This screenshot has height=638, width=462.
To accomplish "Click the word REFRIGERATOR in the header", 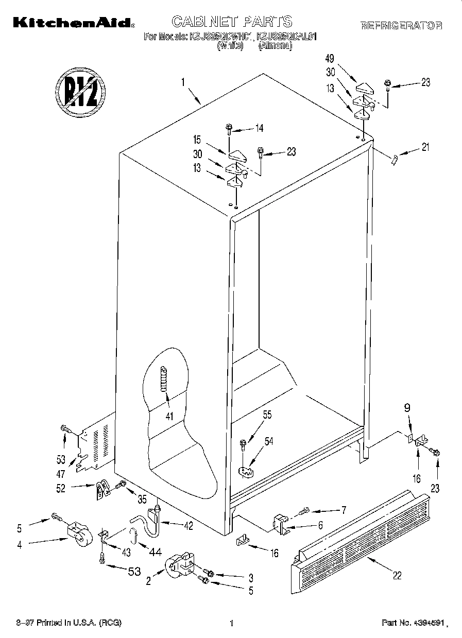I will click(401, 25).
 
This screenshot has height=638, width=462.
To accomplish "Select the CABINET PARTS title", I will click(231, 21).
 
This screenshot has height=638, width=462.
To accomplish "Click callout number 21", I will click(425, 148).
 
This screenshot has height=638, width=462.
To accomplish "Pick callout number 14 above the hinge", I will click(259, 129).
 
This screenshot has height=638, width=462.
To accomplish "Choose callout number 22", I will click(397, 576).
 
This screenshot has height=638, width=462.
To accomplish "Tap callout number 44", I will click(155, 552).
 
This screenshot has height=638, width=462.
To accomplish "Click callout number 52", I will click(61, 489).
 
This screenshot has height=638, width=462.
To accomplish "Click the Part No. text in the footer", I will click(412, 623).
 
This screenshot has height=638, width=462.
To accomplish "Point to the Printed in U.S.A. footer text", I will click(70, 623).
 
